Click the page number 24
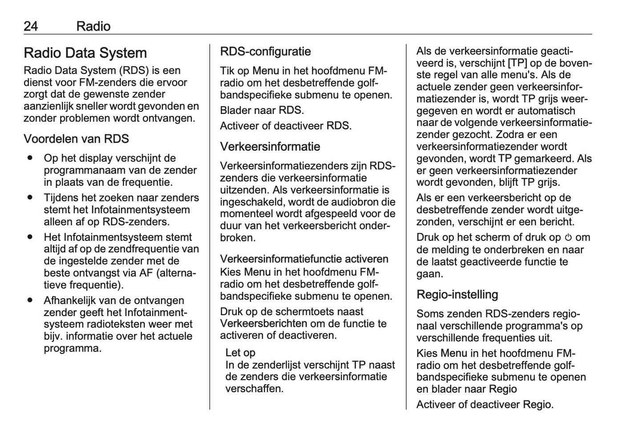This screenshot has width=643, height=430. [x=31, y=26]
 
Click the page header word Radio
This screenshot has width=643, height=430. [x=93, y=26]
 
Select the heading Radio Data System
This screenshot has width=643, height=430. [x=85, y=53]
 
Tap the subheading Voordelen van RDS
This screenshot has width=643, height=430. [x=76, y=139]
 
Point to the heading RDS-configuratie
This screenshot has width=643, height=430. [x=265, y=52]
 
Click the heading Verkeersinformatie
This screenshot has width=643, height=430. [x=270, y=146]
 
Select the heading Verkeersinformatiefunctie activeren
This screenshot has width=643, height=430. [x=304, y=259]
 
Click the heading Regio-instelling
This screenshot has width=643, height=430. [x=457, y=294]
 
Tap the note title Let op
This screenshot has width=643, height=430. [x=240, y=353]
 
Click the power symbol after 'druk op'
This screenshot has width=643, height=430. [x=568, y=238]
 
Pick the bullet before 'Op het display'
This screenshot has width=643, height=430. [x=30, y=158]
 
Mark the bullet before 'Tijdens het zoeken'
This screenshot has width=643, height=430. [x=30, y=198]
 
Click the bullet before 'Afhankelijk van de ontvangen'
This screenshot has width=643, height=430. [x=30, y=300]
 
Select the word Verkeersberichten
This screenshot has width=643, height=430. [x=263, y=324]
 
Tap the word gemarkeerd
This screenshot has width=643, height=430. [x=544, y=158]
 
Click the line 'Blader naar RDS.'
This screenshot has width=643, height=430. [x=262, y=110]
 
